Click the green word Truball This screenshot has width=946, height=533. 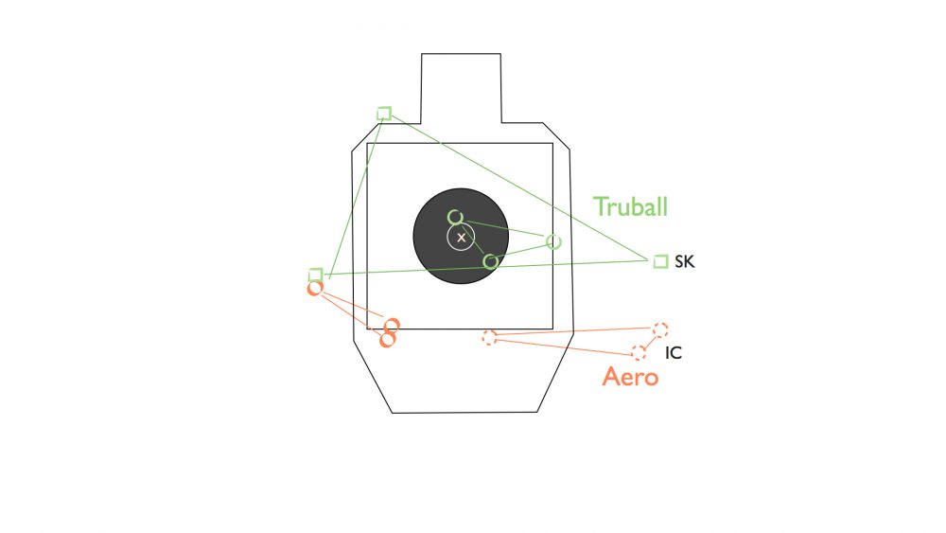[x=630, y=206]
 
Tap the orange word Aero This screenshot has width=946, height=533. [x=630, y=377]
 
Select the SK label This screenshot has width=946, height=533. [x=685, y=262]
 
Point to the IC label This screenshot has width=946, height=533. [x=674, y=353]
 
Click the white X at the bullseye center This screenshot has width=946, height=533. [x=462, y=238]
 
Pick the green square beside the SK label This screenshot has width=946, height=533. [x=661, y=260]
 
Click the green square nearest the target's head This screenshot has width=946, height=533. [x=384, y=114]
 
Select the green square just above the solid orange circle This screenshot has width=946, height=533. [x=316, y=275]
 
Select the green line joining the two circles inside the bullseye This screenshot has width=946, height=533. [x=474, y=240]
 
